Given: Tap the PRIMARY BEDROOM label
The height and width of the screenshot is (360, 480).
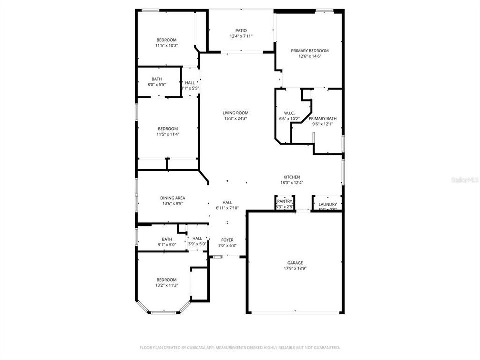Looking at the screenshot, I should [310, 51].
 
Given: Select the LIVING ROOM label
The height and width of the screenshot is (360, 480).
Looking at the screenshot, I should [235, 113].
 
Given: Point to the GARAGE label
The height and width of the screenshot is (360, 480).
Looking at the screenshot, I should [295, 263].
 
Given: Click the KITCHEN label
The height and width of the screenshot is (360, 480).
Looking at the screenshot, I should [292, 177].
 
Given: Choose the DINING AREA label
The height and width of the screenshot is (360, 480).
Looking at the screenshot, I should [173, 198].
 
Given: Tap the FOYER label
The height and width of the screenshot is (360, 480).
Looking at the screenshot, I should [227, 240].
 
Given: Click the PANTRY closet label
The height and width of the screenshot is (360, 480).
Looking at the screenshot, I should [285, 201].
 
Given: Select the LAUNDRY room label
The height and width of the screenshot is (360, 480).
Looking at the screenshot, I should [328, 204].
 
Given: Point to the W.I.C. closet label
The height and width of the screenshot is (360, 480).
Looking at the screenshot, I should [289, 113].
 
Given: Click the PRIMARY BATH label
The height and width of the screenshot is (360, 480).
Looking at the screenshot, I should [322, 119].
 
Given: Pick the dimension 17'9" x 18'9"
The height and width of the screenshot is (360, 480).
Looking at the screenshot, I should [295, 268].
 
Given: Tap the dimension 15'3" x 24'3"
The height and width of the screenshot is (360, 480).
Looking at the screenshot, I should [235, 119].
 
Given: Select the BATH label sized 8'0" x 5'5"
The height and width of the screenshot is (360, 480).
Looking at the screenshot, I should [157, 79].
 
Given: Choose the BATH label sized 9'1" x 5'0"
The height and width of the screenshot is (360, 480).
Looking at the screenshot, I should [167, 239].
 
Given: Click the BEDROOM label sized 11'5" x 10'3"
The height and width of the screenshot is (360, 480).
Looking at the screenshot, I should [167, 40].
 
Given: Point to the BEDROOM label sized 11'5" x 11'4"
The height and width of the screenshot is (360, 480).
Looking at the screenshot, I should [167, 129].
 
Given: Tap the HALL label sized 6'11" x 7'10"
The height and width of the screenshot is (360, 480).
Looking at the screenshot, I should [227, 202].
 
